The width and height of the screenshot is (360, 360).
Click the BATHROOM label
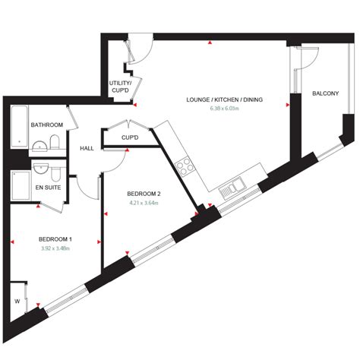[46, 125]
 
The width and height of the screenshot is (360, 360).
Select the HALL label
[87, 148]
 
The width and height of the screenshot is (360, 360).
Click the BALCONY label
[325, 93]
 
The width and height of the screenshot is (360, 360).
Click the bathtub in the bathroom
[17, 127]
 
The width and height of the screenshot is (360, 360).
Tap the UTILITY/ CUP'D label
[120, 86]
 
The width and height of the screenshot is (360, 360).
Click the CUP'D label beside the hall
[130, 137]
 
